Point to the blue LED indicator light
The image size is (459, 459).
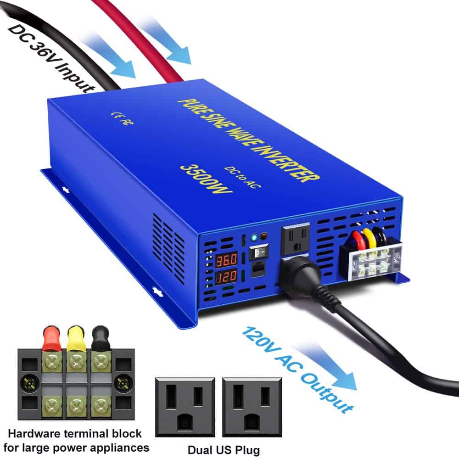coord(254,238)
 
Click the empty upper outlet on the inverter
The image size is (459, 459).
coord(296,238)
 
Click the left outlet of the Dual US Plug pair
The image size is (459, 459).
coord(185,406)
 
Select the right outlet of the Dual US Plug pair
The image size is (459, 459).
coord(252,406)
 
